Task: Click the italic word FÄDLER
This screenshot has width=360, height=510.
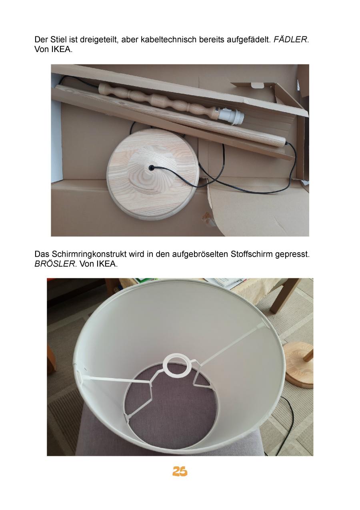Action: pyautogui.click(x=290, y=40)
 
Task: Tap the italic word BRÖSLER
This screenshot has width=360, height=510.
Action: pyautogui.click(x=55, y=264)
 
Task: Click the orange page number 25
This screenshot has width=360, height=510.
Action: pyautogui.click(x=180, y=471)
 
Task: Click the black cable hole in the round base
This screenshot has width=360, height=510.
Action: pyautogui.click(x=151, y=168)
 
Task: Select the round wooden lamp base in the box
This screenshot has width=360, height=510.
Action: pyautogui.click(x=153, y=175)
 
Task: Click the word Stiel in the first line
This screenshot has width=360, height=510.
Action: pyautogui.click(x=57, y=40)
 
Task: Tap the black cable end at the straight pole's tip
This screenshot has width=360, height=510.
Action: pyautogui.click(x=286, y=143)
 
